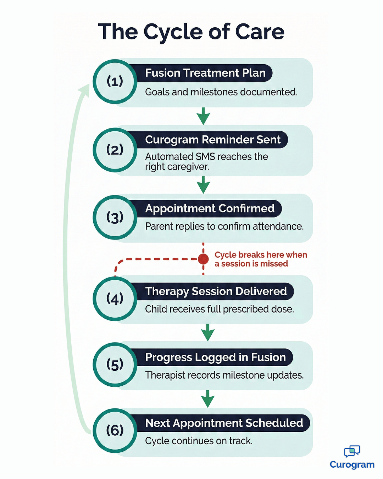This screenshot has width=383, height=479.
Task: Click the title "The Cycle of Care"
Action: click(x=191, y=32)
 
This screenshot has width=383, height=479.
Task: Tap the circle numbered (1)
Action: click(x=115, y=82)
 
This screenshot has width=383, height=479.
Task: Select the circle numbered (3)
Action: click(x=115, y=217)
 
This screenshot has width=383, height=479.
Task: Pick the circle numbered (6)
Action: click(x=115, y=430)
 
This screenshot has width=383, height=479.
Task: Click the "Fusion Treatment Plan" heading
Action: click(x=205, y=73)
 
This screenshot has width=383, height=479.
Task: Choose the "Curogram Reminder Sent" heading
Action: click(x=213, y=140)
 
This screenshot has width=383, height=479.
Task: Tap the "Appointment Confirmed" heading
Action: click(x=210, y=209)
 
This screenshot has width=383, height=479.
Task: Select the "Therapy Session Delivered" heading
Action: click(x=216, y=291)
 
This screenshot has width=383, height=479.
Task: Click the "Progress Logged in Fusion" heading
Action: click(x=216, y=357)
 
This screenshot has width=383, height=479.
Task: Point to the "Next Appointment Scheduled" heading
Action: click(x=224, y=423)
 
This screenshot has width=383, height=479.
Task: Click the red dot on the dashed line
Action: click(x=203, y=259)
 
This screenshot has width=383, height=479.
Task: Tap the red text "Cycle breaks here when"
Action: click(x=261, y=255)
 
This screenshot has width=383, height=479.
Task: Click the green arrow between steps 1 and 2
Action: click(x=203, y=116)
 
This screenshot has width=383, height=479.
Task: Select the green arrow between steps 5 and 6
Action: click(x=208, y=399)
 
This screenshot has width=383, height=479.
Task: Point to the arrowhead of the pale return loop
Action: click(x=85, y=89)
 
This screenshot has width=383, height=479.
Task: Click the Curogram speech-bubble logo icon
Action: click(x=352, y=451)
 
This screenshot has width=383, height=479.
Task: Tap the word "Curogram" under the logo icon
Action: click(x=352, y=465)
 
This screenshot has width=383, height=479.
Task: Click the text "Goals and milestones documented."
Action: click(x=221, y=92)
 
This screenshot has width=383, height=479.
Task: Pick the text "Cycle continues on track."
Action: click(x=199, y=441)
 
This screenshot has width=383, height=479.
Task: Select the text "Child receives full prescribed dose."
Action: click(x=220, y=309)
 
